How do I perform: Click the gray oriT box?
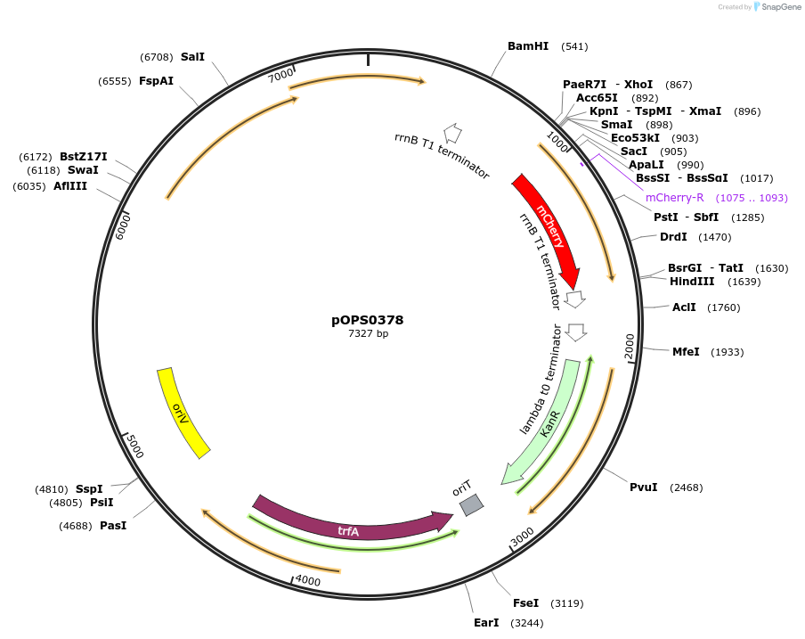point(471,505)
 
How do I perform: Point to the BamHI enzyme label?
point(528,46)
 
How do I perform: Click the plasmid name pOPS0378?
point(361,319)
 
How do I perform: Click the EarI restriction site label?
point(486,623)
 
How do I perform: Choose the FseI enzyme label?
point(525,603)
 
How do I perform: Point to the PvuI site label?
point(643,487)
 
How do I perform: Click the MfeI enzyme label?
point(686,352)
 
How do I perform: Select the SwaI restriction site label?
point(83,170)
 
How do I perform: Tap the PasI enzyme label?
point(113,526)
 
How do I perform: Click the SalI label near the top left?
point(192,57)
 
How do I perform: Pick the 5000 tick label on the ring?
point(134,446)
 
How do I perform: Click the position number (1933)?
point(728,352)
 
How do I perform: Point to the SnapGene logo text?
point(778,7)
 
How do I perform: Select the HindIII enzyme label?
point(692,282)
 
